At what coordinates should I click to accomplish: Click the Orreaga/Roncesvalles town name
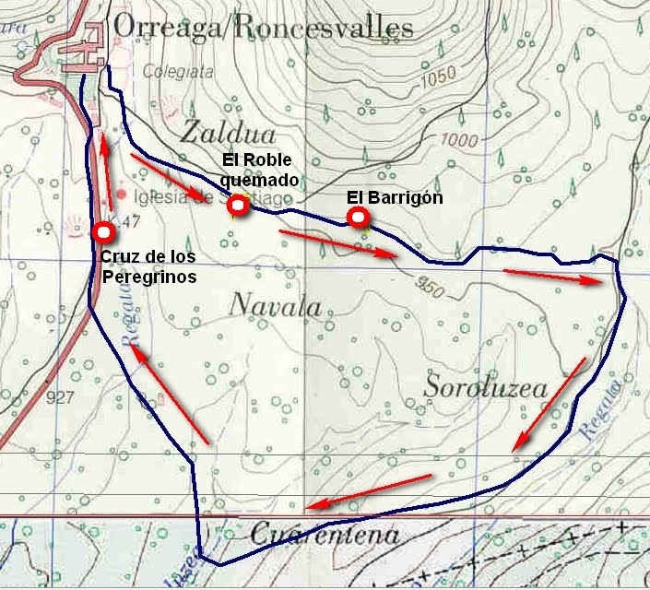pyautogui.click(x=263, y=28)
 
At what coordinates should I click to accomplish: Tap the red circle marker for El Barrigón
pyautogui.click(x=358, y=218)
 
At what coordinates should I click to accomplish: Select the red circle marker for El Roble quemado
pyautogui.click(x=238, y=205)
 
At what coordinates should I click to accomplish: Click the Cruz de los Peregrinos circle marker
pyautogui.click(x=103, y=231)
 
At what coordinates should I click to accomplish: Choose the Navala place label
pyautogui.click(x=276, y=306)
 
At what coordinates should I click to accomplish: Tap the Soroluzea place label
pyautogui.click(x=485, y=387)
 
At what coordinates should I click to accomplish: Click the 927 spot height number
pyautogui.click(x=57, y=398)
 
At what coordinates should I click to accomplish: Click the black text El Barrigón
pyautogui.click(x=395, y=197)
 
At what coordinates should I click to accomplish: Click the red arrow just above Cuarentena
pyautogui.click(x=369, y=491)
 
